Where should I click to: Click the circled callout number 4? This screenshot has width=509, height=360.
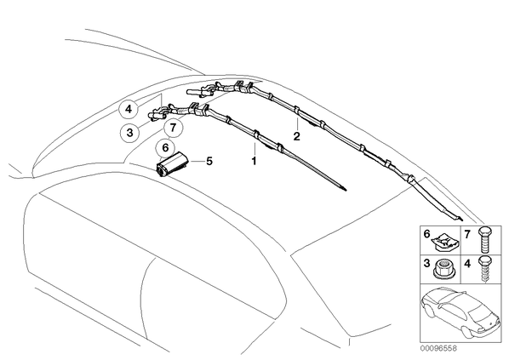coord(129,110)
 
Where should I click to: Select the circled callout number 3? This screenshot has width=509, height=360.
coord(130,133)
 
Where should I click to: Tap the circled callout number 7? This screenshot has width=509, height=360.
coord(174,128)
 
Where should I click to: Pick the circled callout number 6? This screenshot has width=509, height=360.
coord(166,148)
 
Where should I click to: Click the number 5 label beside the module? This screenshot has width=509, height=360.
coord(209,161)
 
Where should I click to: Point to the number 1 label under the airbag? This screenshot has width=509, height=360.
coord(254,161)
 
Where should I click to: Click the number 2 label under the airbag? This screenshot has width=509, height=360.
coord(297,136)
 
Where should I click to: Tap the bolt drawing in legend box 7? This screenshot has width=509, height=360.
coord(485,240)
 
